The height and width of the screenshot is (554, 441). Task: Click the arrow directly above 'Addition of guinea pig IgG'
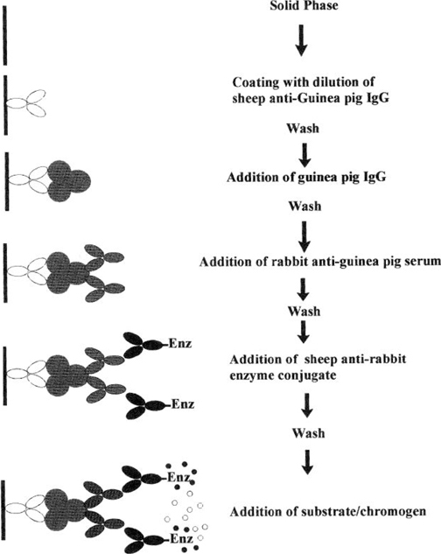coord(305,155)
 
